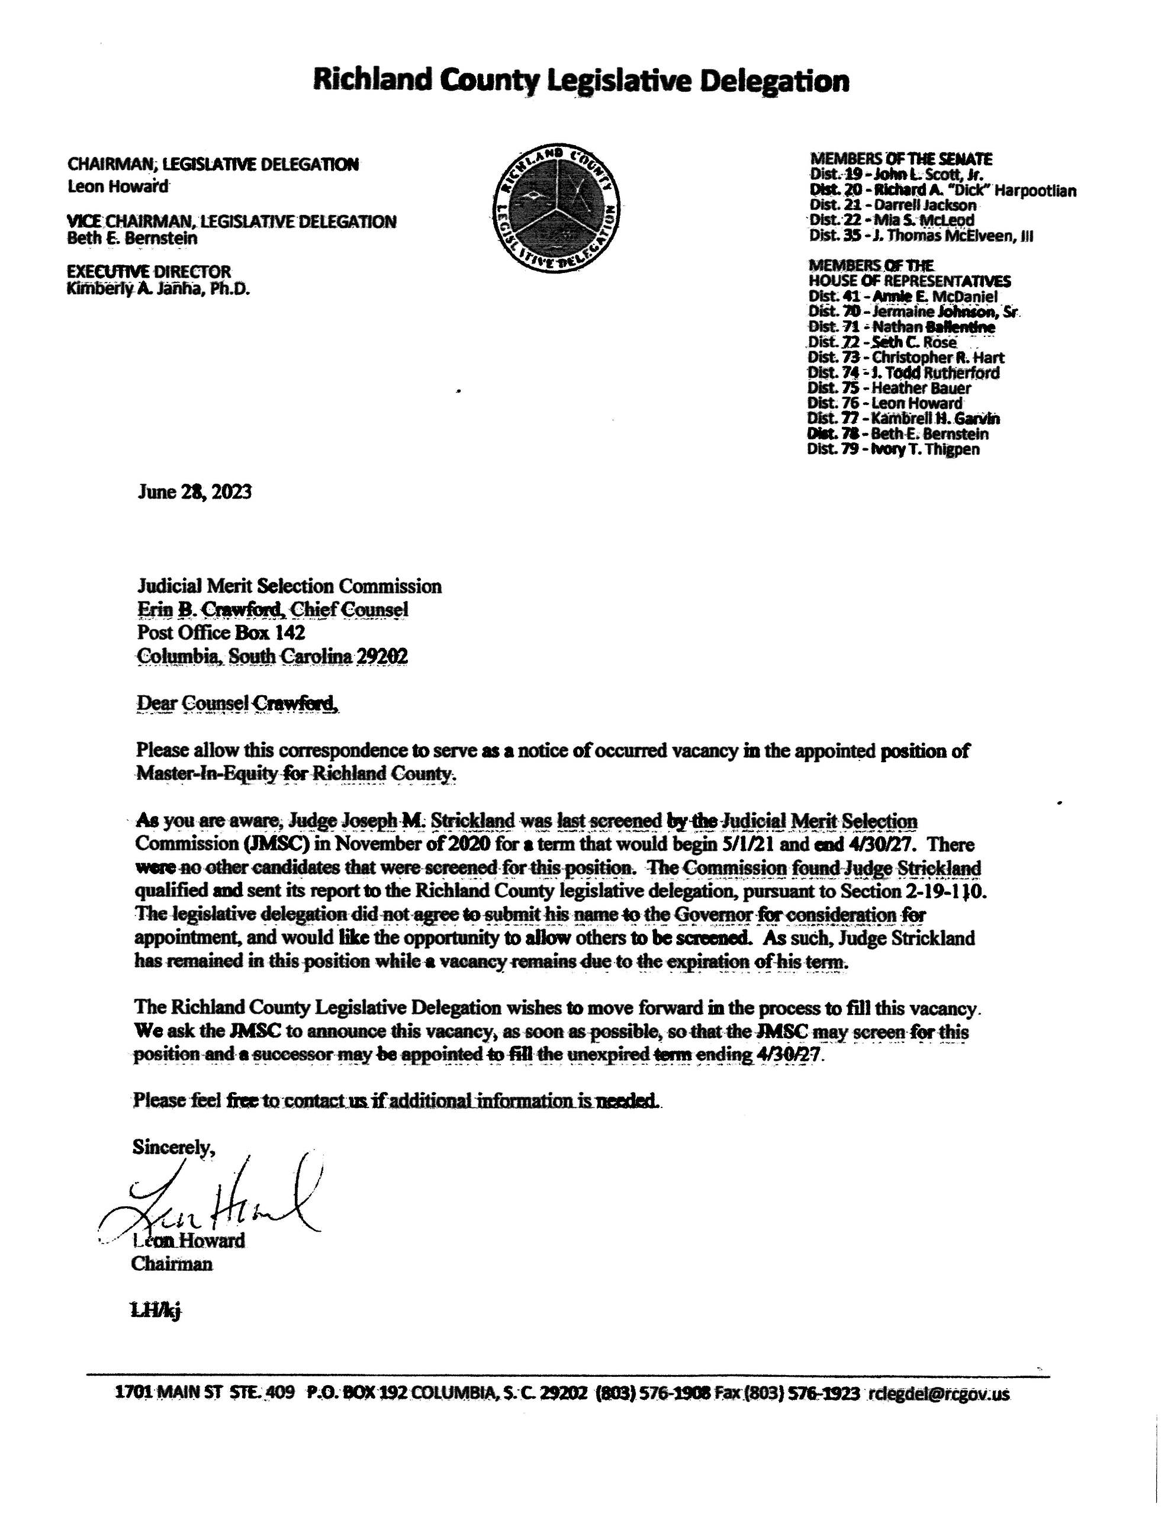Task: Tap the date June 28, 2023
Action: (x=194, y=492)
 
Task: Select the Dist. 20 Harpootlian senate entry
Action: (x=942, y=189)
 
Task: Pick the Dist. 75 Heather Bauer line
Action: (x=889, y=388)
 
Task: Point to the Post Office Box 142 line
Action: (x=221, y=632)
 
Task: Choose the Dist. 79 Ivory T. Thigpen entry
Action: (x=893, y=449)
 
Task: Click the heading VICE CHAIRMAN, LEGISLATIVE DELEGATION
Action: (x=232, y=222)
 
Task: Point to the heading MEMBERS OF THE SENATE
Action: (x=901, y=159)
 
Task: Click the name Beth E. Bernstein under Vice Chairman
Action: (x=132, y=238)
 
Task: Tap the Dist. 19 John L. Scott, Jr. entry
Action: (x=896, y=174)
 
